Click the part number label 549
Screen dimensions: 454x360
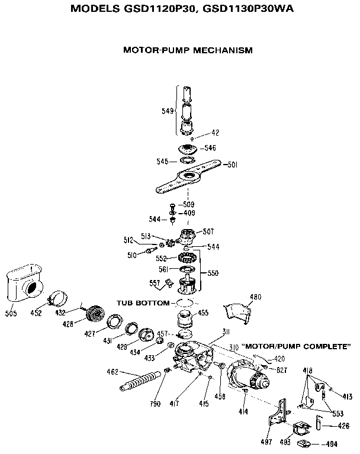click(x=168, y=111)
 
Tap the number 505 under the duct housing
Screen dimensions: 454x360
click(x=12, y=313)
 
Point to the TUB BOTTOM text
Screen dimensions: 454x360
click(x=142, y=302)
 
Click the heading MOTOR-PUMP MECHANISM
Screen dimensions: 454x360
click(x=187, y=50)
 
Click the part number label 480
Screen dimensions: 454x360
click(x=256, y=297)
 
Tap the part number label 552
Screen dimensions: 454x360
click(x=161, y=258)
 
